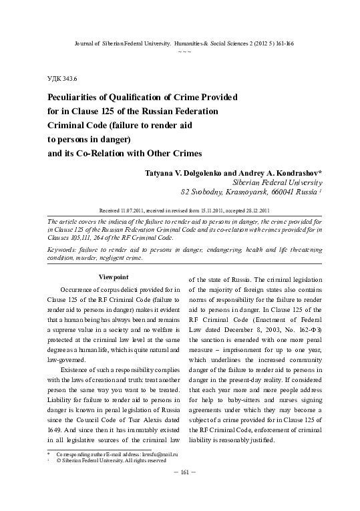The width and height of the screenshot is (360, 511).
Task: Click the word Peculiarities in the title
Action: tap(73, 97)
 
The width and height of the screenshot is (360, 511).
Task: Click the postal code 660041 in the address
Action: tap(273, 191)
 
